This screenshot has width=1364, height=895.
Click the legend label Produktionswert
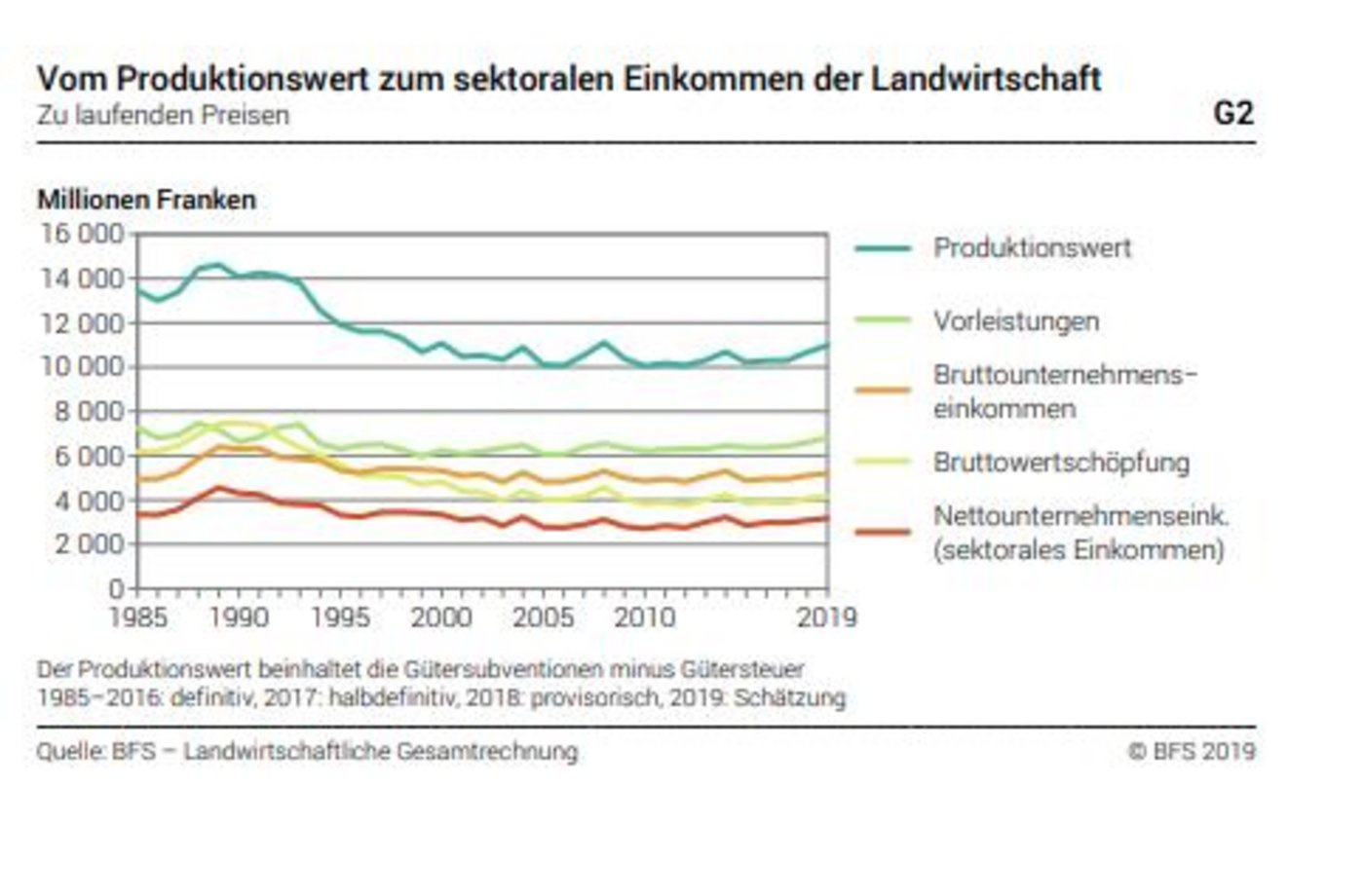(x=1032, y=247)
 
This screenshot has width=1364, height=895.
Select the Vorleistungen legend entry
(x=1016, y=321)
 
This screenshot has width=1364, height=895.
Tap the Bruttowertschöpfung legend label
(x=1061, y=462)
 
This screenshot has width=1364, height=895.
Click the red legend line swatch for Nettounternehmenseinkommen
(x=883, y=533)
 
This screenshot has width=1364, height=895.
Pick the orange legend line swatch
(x=883, y=391)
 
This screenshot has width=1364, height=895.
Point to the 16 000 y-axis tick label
(x=82, y=235)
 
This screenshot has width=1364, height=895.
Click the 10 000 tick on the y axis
(x=82, y=367)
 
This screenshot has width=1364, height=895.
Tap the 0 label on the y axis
(x=117, y=588)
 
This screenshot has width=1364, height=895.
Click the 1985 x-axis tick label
(x=137, y=617)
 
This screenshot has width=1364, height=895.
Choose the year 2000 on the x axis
(x=441, y=617)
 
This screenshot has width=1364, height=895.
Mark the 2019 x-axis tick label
(x=826, y=617)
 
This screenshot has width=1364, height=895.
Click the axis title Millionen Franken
(x=146, y=200)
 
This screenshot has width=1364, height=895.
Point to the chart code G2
(x=1232, y=114)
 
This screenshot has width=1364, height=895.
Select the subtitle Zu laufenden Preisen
(x=163, y=115)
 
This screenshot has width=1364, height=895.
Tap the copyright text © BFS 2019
(x=1192, y=751)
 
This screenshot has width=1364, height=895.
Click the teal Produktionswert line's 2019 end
(x=826, y=345)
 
